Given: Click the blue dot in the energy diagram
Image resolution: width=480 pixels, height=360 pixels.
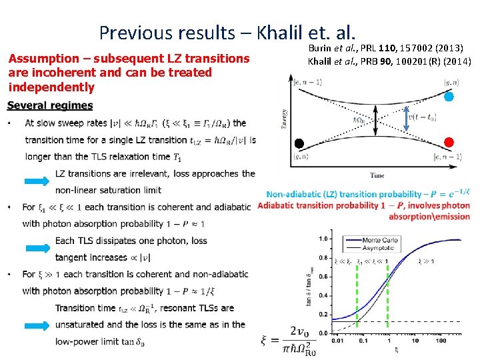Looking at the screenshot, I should click(449, 97).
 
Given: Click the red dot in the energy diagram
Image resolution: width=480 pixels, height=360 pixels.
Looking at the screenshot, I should click(449, 142).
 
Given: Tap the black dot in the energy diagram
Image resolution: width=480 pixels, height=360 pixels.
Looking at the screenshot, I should click(300, 143).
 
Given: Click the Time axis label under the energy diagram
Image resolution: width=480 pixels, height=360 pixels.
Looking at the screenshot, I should click(377, 176).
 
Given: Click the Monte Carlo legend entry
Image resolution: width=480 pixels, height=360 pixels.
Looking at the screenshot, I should click(377, 239).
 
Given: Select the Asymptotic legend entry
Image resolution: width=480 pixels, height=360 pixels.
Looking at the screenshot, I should click(377, 247).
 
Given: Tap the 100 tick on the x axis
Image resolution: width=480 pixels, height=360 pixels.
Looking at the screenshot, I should click(440, 341).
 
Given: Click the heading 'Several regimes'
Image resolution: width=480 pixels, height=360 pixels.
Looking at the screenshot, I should click(50, 105).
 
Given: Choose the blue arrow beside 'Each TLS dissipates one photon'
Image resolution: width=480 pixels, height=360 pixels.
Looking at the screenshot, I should click(38, 249).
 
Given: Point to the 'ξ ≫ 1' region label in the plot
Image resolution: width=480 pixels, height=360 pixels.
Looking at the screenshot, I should click(425, 261).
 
